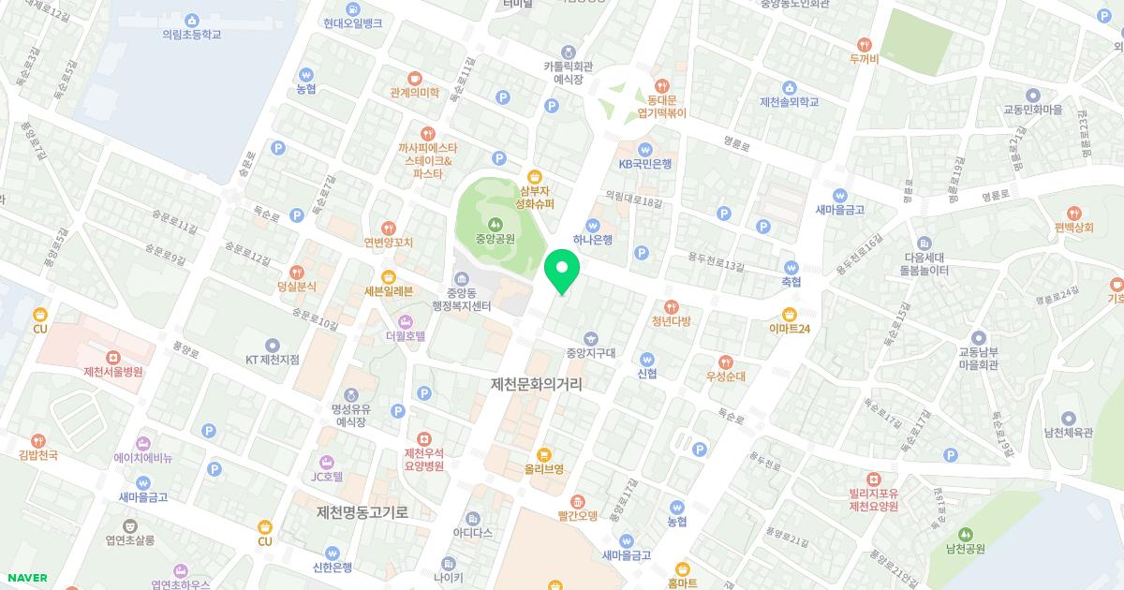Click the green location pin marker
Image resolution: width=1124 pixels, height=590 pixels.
coord(562,270)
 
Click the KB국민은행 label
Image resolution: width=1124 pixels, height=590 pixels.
coord(645,163)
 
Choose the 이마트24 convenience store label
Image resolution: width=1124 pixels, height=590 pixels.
coord(790,328)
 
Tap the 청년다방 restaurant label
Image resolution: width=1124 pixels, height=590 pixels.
coord(671,320)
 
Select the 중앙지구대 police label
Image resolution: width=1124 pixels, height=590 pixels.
coord(590,353)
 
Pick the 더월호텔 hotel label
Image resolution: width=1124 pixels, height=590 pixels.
coord(406,334)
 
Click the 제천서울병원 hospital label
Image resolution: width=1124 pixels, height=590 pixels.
coord(113,371)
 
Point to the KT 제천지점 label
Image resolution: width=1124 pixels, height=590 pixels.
coord(272,359)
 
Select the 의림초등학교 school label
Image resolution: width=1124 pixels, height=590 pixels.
coord(192,34)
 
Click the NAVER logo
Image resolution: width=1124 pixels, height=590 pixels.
coord(28,578)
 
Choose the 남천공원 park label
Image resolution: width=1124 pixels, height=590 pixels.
coord(966,548)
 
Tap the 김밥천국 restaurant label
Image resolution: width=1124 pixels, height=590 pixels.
coord(38,454)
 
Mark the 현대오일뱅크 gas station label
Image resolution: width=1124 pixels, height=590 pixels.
coord(351,23)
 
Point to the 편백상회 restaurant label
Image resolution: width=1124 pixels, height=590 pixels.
coord(1072,227)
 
